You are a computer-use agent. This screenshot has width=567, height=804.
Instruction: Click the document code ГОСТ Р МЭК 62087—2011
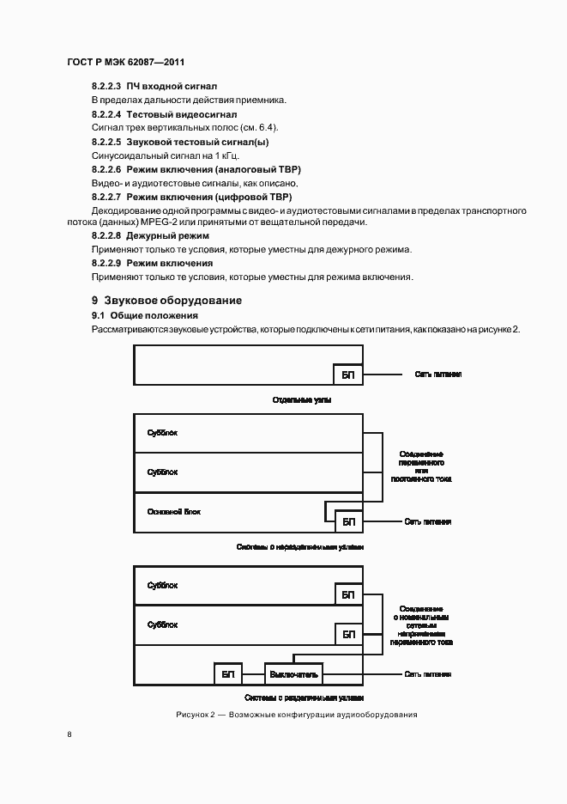tap(125, 63)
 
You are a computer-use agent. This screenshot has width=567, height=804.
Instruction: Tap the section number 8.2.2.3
tap(106, 86)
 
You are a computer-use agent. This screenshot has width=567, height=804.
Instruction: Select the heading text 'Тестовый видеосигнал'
tap(181, 113)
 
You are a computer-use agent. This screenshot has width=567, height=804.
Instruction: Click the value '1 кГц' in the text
tap(225, 155)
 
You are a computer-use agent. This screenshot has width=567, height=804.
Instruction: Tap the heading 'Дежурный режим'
tap(167, 234)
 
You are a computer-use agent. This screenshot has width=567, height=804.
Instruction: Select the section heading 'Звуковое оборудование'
tap(172, 301)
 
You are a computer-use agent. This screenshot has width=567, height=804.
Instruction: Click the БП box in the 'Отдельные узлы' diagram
tap(347, 375)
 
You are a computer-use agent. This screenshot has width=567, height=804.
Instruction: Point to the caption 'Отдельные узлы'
tap(302, 400)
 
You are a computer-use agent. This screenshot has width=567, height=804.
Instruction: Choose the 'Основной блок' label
tap(174, 511)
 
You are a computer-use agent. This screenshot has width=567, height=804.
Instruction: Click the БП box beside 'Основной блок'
tap(347, 521)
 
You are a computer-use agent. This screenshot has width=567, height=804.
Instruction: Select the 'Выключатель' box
tap(293, 674)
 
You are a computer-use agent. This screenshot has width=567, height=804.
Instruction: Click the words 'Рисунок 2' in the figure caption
tap(198, 715)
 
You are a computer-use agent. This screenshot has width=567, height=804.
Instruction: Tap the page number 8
tap(69, 734)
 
